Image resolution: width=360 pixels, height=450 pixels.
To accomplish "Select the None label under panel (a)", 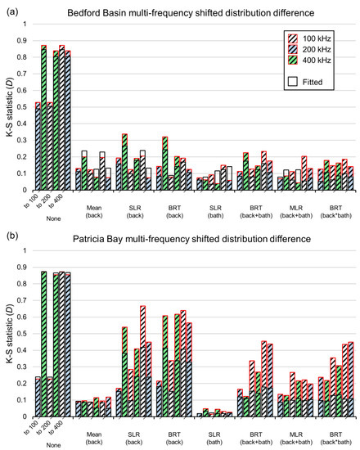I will pyautogui.click(x=52, y=218).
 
